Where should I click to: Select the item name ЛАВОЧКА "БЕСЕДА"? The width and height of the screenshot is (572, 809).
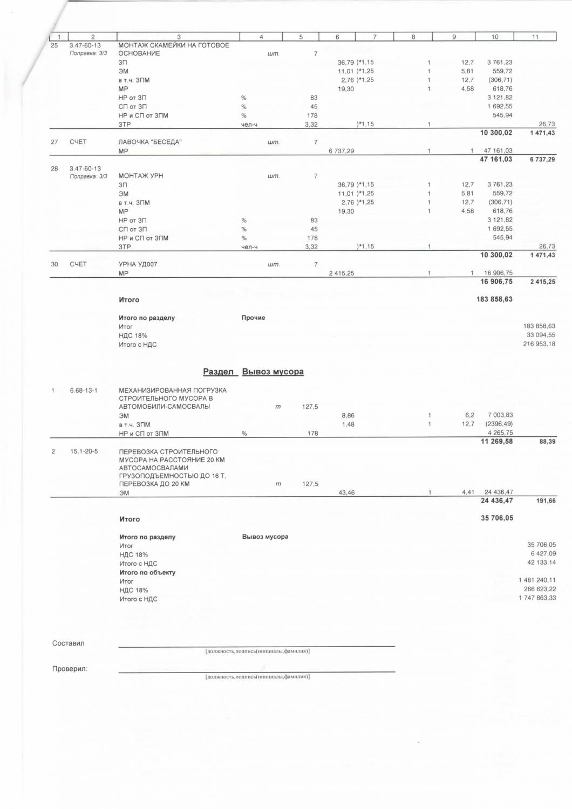(150, 142)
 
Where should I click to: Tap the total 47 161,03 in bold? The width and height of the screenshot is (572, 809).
(496, 159)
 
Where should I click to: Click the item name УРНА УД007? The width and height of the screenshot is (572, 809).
(138, 264)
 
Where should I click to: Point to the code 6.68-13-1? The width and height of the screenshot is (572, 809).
(84, 390)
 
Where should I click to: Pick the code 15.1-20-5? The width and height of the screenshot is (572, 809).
(84, 451)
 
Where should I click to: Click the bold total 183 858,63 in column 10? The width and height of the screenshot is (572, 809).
(494, 299)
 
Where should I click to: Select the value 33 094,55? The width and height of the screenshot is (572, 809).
(541, 335)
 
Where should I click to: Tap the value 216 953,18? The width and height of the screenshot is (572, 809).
(539, 344)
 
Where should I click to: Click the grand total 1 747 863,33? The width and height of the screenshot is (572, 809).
(537, 598)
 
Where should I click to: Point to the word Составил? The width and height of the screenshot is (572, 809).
(68, 643)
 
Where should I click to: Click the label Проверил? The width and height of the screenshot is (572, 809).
(70, 669)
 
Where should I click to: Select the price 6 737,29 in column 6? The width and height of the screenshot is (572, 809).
(341, 151)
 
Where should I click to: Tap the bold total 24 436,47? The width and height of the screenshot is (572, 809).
(496, 501)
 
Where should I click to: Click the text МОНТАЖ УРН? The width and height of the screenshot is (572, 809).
(140, 176)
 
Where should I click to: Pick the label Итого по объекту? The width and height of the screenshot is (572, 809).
(147, 572)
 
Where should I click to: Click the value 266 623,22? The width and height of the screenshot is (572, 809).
(540, 589)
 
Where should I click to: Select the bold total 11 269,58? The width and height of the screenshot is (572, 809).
(496, 441)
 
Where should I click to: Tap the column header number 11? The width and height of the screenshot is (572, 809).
(535, 37)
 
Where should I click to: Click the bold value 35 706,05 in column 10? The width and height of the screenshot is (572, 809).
(496, 518)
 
